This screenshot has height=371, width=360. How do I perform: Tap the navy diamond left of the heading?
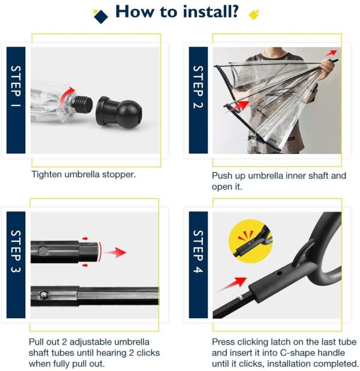point(101,16)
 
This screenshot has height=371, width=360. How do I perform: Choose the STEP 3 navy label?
point(16,264)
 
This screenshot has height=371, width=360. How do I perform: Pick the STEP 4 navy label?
point(198,264)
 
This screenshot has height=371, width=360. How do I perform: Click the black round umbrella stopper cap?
point(121,111)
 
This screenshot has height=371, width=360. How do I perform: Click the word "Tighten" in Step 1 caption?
point(47,175)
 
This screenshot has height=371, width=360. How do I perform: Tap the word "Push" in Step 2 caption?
point(223,176)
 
